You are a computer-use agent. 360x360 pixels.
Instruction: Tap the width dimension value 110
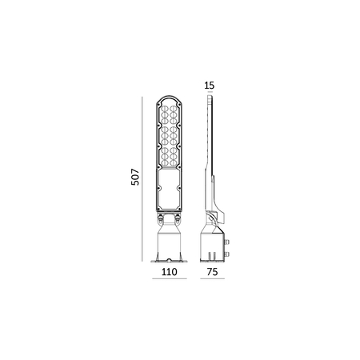(168, 271)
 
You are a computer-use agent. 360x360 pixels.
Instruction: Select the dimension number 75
(212, 271)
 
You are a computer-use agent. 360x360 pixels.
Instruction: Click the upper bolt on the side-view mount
(228, 239)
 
